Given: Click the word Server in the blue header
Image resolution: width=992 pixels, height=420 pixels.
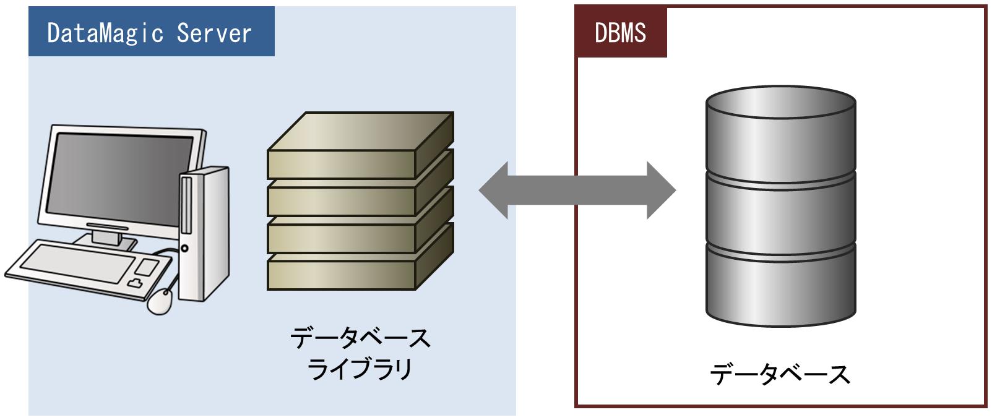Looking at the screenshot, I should [214, 33].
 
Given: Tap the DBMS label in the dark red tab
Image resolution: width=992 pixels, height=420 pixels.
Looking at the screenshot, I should [620, 32].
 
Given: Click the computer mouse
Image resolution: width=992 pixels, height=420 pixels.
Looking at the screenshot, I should [160, 301].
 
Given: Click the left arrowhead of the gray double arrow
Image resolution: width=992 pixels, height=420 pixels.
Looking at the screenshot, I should [495, 191].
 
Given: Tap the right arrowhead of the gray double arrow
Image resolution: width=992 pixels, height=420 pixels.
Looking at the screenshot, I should [660, 191].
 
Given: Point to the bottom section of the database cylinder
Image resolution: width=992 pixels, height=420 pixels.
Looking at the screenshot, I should [780, 285].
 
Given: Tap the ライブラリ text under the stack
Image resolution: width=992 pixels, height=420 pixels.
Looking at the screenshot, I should [360, 369].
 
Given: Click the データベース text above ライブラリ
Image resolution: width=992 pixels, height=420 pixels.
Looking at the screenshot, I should [360, 338].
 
